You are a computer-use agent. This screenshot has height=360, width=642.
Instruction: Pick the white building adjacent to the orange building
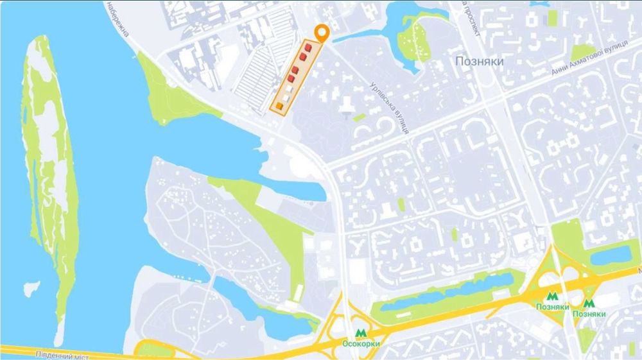coord(284,96)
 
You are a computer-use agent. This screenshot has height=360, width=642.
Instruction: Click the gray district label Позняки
coord(479,62)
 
